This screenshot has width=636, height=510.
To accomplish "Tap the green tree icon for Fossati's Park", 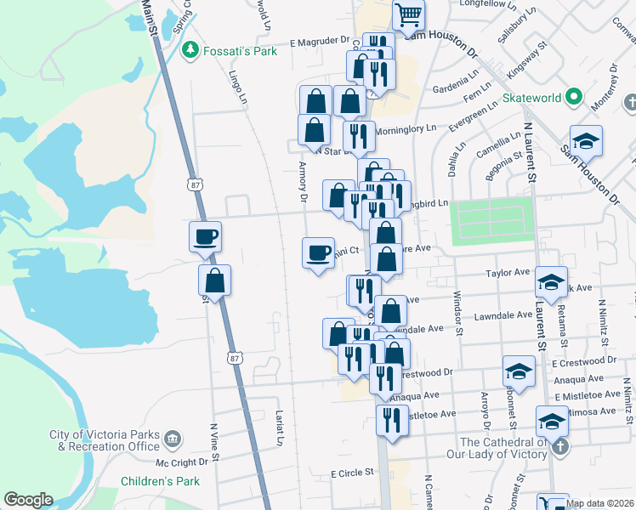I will [x=190, y=51].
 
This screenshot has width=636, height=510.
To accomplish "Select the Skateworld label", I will [x=531, y=98].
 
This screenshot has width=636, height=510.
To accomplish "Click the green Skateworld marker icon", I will [x=574, y=98].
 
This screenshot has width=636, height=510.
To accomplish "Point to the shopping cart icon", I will [x=409, y=15].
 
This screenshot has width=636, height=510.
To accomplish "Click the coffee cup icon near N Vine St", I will [x=206, y=236].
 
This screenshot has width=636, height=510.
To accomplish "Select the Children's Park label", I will [x=160, y=482].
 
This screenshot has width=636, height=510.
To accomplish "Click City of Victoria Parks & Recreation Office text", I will [x=105, y=440].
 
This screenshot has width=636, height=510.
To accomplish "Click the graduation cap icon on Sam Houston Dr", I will [x=586, y=140].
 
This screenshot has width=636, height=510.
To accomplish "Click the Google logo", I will [x=28, y=499].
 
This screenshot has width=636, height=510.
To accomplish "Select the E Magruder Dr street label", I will [x=319, y=42].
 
